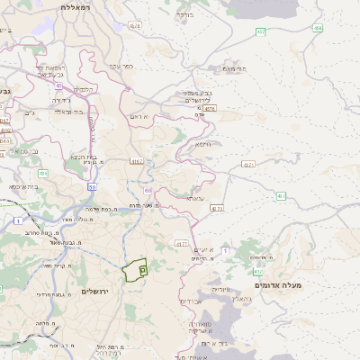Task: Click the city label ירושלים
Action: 94,292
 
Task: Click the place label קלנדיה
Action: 85,88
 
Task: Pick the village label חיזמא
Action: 203,144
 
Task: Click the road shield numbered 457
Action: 260,32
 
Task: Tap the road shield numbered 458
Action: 318,28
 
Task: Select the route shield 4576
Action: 134,26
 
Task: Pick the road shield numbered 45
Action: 59,85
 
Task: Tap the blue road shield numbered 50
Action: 93,186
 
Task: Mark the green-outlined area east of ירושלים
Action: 135,269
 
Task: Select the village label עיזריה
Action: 220,291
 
